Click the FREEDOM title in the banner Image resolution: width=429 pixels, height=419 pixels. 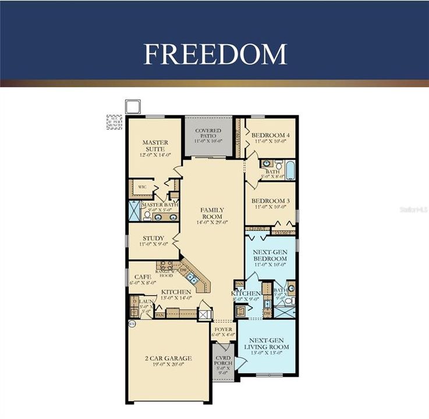pyautogui.click(x=215, y=54)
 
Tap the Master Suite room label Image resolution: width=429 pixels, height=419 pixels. pyautogui.click(x=155, y=145)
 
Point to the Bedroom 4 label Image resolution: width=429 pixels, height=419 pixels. pyautogui.click(x=272, y=135)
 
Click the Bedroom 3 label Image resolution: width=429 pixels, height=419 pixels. pyautogui.click(x=272, y=201)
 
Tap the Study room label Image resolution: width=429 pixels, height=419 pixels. pyautogui.click(x=153, y=238)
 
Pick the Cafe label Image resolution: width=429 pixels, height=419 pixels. pyautogui.click(x=143, y=276)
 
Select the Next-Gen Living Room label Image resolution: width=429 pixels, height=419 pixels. pyautogui.click(x=269, y=343)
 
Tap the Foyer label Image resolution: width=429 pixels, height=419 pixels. pyautogui.click(x=224, y=329)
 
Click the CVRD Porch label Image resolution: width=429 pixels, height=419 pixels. pyautogui.click(x=224, y=359)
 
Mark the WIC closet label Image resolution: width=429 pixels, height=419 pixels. pyautogui.click(x=142, y=187)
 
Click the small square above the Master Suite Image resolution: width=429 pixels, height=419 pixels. pyautogui.click(x=133, y=106)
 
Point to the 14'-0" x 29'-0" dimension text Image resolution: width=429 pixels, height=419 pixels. pyautogui.click(x=212, y=222)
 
